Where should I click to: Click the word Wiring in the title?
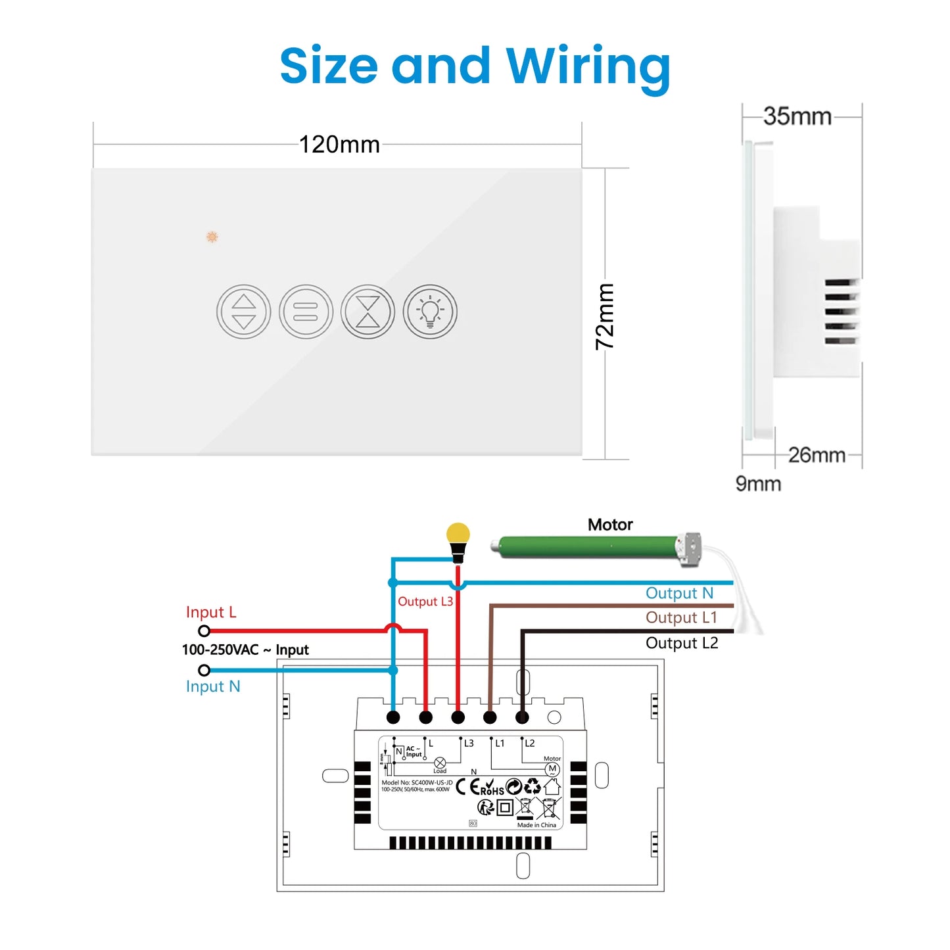coord(588,66)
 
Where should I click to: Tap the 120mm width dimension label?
coord(339,145)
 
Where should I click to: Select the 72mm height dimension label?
coord(604,316)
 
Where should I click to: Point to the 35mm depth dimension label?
coord(797,116)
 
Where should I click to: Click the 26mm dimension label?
coord(817,455)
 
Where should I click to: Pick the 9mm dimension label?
coord(758,484)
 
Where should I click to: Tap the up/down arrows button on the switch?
coord(244,312)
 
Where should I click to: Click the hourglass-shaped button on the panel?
coord(368,312)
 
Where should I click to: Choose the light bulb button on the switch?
coord(430,312)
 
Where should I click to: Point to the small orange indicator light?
coord(212,237)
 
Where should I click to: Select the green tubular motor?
coord(588,547)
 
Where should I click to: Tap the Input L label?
coord(210,612)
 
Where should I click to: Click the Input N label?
coord(213,686)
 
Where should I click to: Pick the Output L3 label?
coord(425,602)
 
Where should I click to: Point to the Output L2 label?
coord(682,643)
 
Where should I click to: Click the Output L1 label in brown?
coord(681,617)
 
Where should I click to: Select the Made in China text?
coord(536,825)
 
